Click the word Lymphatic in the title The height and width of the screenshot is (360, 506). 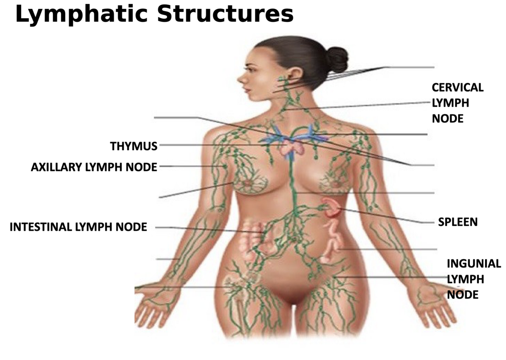(81, 14)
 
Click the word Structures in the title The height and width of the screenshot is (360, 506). (225, 14)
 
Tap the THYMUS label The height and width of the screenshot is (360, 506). (134, 146)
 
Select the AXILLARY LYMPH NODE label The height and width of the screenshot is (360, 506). (94, 167)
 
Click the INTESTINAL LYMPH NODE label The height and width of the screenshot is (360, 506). (78, 227)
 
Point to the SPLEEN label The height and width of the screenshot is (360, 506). (457, 222)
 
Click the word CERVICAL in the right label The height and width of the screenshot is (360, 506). (457, 88)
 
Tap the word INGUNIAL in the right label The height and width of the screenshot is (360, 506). (473, 263)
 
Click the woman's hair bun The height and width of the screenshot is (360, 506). (336, 59)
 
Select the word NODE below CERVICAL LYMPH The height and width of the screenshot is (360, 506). (448, 119)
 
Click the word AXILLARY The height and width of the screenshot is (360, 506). (57, 167)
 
